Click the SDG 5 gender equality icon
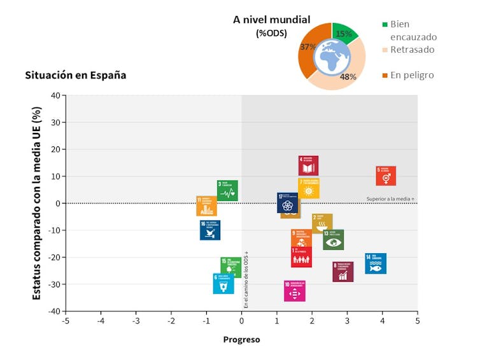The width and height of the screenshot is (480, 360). (x=386, y=176)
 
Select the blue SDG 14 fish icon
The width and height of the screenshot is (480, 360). (x=376, y=263)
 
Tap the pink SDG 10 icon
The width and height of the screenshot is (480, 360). (x=294, y=291)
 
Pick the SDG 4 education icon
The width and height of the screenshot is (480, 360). (x=308, y=165)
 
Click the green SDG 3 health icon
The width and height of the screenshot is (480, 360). (x=227, y=190)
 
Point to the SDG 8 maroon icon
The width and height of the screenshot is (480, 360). (x=342, y=272)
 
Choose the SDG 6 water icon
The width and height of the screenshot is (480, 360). (x=223, y=284)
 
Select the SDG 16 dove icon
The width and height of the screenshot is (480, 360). (x=209, y=230)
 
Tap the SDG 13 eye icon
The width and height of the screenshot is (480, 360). (x=333, y=240)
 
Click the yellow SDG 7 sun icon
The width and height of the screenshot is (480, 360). (x=309, y=188)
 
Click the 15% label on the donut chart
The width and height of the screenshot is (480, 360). (x=344, y=34)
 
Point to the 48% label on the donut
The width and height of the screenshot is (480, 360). (x=348, y=77)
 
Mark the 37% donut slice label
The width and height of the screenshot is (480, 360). (x=308, y=46)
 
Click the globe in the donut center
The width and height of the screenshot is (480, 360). (x=331, y=56)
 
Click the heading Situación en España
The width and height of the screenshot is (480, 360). (x=75, y=75)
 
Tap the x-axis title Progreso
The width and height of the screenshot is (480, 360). (x=241, y=340)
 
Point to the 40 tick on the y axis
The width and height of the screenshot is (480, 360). (x=55, y=95)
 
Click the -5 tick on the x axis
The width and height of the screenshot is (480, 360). (x=66, y=321)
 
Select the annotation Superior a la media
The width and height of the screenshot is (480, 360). (x=390, y=199)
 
